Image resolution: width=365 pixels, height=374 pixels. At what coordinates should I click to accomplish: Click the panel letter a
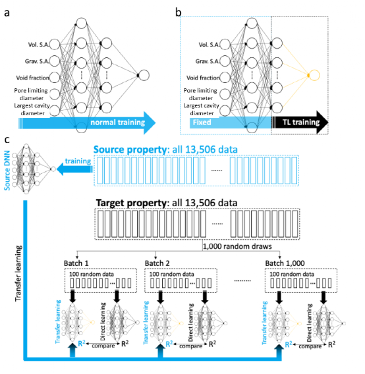coord(7,13)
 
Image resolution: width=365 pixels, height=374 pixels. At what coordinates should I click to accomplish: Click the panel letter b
coord(178,12)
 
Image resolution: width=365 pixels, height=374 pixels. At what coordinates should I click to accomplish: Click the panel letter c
coord(7,140)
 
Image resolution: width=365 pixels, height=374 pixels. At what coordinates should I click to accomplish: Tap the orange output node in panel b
coord(314,75)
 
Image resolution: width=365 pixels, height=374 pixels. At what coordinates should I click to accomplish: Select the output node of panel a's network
coord(144,75)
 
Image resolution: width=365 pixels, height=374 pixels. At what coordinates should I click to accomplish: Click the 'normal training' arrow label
coord(118,122)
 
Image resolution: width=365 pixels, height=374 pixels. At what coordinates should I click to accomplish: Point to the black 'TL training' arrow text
coord(301,122)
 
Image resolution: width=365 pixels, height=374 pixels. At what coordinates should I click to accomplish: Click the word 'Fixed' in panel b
coord(202,122)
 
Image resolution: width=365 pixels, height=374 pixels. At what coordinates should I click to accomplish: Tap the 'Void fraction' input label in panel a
coord(33,78)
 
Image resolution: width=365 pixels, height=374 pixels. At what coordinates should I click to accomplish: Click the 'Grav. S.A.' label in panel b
coord(208,61)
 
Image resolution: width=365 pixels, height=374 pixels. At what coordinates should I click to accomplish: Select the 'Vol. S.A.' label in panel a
coord(39,45)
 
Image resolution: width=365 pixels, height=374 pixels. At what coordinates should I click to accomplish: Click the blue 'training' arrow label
coord(78,161)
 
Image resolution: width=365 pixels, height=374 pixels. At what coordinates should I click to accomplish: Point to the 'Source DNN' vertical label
coord(7,171)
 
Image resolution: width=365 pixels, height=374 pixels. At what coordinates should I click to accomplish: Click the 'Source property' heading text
coord(130,149)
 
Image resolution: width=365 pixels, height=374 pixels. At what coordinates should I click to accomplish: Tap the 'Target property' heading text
coord(131,203)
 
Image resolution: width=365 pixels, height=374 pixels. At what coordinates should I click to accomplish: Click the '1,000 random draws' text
coord(237,246)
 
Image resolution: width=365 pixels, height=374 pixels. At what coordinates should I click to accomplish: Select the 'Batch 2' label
coord(157,263)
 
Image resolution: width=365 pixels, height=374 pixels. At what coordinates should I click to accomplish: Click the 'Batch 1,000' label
coord(285,263)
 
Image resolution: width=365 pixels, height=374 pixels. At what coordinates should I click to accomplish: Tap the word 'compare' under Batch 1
coord(103,346)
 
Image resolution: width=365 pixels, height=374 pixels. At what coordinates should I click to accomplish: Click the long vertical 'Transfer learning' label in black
coord(18,273)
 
